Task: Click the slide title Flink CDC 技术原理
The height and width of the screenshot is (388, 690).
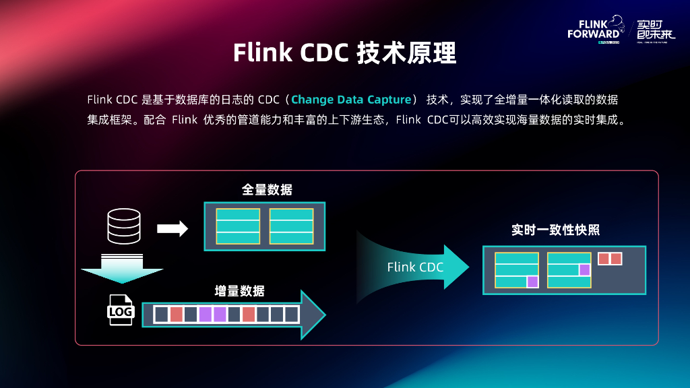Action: pyautogui.click(x=344, y=53)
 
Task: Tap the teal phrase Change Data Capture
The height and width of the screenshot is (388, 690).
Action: pyautogui.click(x=351, y=100)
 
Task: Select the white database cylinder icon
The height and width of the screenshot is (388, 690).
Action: pyautogui.click(x=124, y=226)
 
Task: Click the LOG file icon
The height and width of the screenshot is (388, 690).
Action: pyautogui.click(x=121, y=311)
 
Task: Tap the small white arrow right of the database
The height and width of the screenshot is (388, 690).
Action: pyautogui.click(x=172, y=229)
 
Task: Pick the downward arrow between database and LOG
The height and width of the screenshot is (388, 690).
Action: pyautogui.click(x=122, y=269)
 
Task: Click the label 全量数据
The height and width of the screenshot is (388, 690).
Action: pyautogui.click(x=267, y=190)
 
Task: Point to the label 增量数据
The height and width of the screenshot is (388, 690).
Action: pyautogui.click(x=239, y=291)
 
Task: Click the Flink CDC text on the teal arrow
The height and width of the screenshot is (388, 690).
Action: pyautogui.click(x=415, y=267)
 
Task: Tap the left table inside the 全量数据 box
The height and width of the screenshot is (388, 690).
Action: pyautogui.click(x=238, y=226)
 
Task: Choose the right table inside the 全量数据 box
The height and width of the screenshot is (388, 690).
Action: pyautogui.click(x=291, y=226)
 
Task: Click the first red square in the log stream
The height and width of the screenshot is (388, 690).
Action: pyautogui.click(x=176, y=314)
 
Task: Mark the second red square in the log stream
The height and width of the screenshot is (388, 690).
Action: pyautogui.click(x=249, y=314)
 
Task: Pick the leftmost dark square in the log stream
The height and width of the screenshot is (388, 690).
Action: pyautogui.click(x=161, y=314)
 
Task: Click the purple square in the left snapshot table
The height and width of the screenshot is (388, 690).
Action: pyautogui.click(x=532, y=282)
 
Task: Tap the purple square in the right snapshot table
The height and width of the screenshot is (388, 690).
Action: pyautogui.click(x=584, y=269)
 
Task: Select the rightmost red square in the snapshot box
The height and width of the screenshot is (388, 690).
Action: pyautogui.click(x=616, y=259)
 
